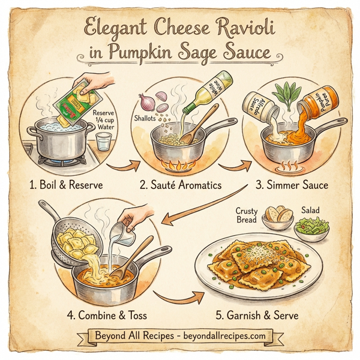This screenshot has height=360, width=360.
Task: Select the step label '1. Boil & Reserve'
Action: click(67, 185)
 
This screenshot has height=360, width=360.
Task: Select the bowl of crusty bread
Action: click(278, 218)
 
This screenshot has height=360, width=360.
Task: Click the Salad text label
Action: click(310, 211)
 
